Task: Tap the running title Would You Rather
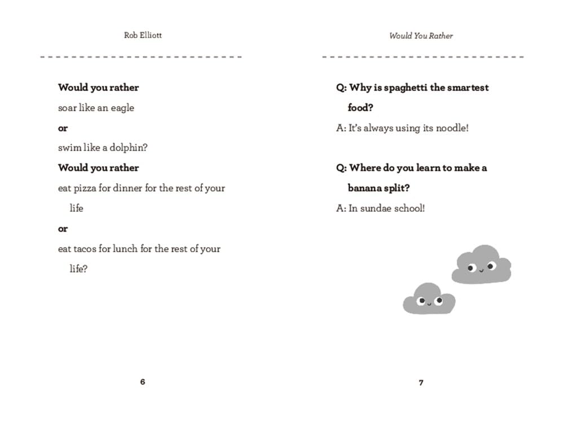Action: pyautogui.click(x=421, y=36)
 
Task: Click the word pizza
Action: pyautogui.click(x=85, y=188)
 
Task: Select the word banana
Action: pyautogui.click(x=364, y=188)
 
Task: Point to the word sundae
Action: pyautogui.click(x=377, y=208)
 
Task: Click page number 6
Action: pyautogui.click(x=142, y=382)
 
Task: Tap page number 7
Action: pyautogui.click(x=421, y=382)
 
